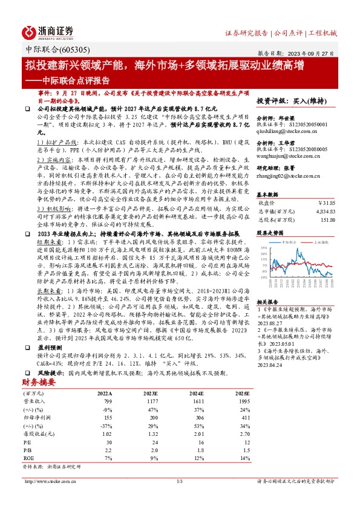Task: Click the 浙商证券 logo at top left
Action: pyautogui.click(x=48, y=31)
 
